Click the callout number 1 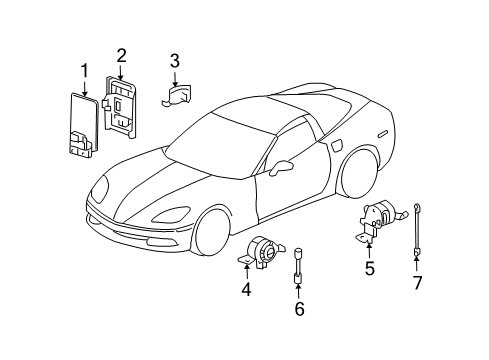(85, 70)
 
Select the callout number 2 (121, 56)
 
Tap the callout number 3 (174, 62)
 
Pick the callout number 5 (369, 268)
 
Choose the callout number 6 (297, 308)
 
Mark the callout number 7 (418, 282)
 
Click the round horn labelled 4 (266, 254)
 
